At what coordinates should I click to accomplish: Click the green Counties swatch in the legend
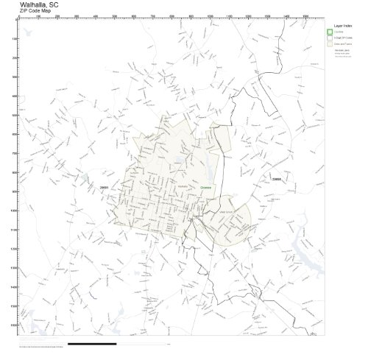(x=330, y=32)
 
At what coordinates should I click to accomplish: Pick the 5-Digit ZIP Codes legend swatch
(x=330, y=38)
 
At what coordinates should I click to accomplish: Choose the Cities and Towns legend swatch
(x=330, y=44)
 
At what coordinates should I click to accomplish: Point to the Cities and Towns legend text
(x=343, y=44)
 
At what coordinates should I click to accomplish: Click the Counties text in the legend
(x=339, y=32)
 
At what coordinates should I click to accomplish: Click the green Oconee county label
(x=205, y=188)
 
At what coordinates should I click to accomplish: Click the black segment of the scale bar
(x=91, y=344)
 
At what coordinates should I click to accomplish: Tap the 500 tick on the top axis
(x=114, y=17)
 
